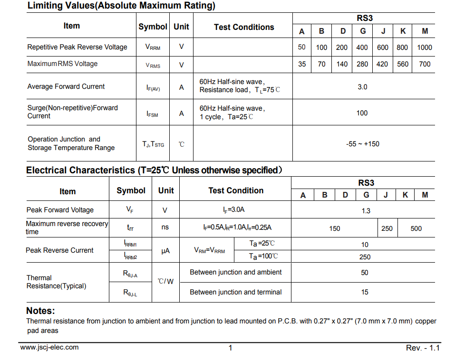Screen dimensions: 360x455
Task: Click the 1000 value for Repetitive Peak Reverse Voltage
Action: pos(425,47)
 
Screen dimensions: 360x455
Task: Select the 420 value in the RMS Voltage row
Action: pos(382,64)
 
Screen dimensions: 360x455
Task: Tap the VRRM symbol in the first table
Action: pos(153,47)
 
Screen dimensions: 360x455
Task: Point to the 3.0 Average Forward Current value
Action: pos(362,87)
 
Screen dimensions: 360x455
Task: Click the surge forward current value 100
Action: pos(362,113)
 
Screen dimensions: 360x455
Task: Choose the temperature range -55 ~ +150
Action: pos(362,144)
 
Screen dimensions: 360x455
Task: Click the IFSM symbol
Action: pos(153,114)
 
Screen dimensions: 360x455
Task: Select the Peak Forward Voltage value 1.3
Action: pos(366,211)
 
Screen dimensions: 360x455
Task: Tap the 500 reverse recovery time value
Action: pos(416,228)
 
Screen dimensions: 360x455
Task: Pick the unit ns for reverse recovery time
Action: pos(165,227)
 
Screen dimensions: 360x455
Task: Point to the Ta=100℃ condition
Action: pos(263,257)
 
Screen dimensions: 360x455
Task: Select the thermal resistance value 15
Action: pos(365,293)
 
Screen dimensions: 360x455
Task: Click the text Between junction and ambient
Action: pos(235,273)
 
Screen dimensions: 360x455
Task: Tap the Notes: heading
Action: pos(40,311)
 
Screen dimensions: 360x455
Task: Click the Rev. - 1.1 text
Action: pos(423,348)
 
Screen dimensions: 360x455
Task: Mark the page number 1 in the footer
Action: pos(231,348)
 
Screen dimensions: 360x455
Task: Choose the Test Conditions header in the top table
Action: pos(244,28)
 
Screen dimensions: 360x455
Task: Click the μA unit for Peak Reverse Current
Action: pos(165,251)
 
